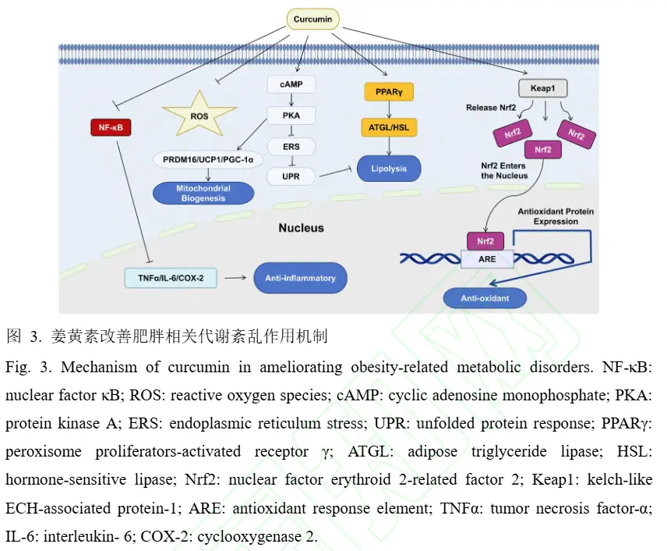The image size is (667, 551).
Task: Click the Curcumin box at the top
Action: pos(312,19)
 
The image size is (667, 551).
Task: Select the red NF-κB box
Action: pos(111,126)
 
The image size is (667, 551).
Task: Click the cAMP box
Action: pos(290,82)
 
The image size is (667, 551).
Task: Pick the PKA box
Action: pos(290,115)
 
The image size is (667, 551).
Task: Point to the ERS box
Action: pos(290,147)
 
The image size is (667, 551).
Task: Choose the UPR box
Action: pos(290,177)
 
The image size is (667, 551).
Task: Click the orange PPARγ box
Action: pos(387,92)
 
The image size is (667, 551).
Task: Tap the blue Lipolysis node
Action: pos(388,168)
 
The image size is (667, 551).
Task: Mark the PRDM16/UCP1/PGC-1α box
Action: pos(208,159)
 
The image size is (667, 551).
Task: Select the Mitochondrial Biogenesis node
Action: pos(203,193)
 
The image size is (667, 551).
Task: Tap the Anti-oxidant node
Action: pos(485,297)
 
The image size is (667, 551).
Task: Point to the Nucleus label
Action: pos(301,228)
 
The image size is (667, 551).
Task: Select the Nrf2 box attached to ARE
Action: pos(485,241)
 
